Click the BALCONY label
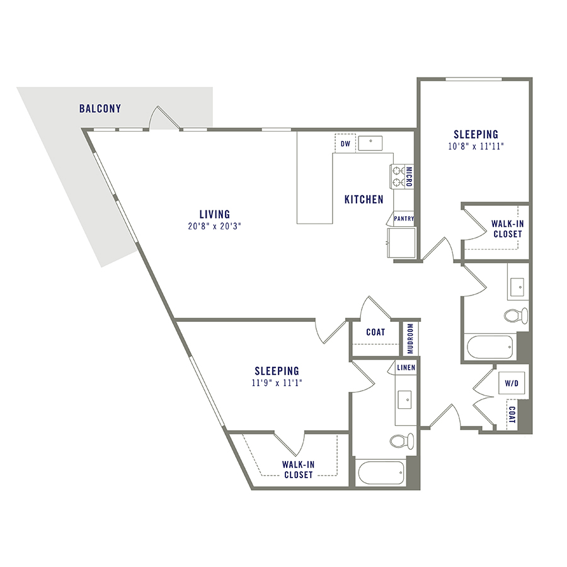100,109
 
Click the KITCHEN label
364,200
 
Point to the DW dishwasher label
345,144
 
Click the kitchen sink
374,143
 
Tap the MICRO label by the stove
409,177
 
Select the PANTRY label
403,219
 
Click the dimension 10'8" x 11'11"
476,146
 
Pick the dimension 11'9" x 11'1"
277,382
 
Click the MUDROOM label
410,339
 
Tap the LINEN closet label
404,367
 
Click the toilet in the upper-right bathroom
516,315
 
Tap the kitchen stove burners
398,176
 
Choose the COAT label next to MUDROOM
376,333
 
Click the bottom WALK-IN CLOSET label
298,469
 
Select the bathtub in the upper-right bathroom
489,346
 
